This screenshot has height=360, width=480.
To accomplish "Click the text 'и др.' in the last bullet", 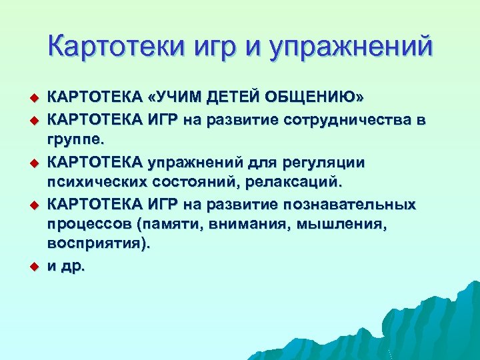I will pos(66,267).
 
